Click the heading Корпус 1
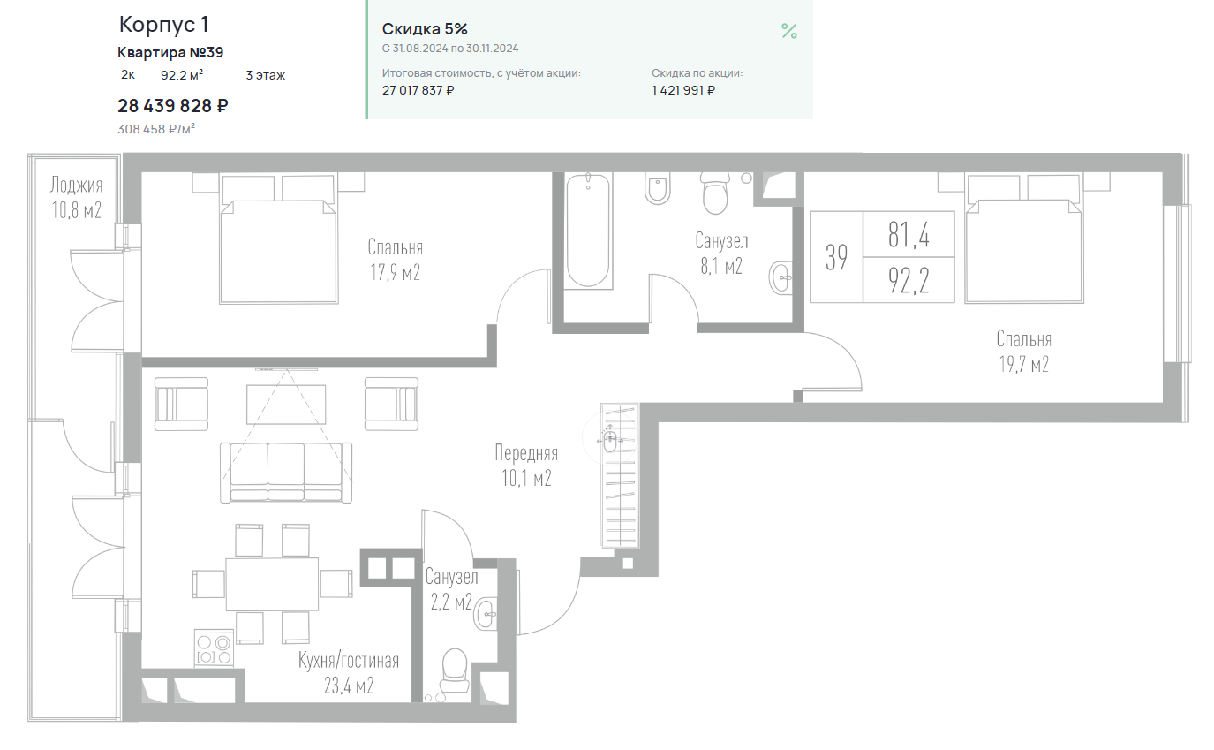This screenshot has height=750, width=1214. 163,25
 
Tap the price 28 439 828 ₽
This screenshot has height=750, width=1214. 173,106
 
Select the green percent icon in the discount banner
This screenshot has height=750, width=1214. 789,31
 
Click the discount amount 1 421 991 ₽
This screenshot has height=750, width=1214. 682,91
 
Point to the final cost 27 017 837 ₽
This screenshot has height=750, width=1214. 418,91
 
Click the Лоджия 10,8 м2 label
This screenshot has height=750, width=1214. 77,197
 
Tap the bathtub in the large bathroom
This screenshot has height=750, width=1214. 588,230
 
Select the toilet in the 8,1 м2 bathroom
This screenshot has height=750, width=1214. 715,193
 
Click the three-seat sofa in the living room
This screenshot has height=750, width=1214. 285,473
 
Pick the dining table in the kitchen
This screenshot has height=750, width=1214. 272,585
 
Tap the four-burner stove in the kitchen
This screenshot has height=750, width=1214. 214,648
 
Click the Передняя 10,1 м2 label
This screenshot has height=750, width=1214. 526,466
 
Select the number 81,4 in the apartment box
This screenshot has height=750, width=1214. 909,235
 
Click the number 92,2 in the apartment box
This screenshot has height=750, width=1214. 909,280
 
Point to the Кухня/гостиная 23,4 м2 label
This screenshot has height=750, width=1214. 349,673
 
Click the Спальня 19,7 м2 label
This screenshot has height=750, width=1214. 1024,352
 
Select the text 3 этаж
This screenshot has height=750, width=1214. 266,75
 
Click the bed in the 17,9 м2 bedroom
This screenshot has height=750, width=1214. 279,238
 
